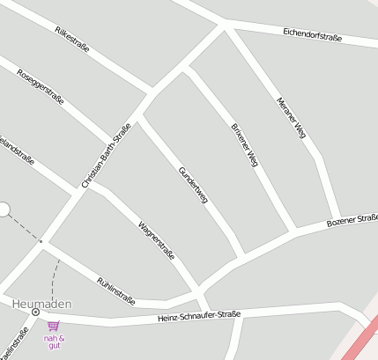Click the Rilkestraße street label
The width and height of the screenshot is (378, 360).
tap(72, 40)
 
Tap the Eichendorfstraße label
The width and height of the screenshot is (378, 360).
tap(312, 35)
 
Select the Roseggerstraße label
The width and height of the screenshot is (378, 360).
tap(40, 86)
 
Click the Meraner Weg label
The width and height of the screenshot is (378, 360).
tap(290, 117)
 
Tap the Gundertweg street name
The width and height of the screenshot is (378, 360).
tap(193, 185)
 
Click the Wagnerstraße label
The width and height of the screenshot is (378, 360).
tap(156, 240)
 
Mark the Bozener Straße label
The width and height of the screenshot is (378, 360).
tap(352, 220)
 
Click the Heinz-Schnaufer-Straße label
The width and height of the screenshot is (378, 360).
tap(198, 316)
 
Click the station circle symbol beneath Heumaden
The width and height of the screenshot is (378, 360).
tap(35, 312)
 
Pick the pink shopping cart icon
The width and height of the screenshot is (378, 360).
tap(54, 326)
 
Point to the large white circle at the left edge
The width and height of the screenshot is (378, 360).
tap(3, 209)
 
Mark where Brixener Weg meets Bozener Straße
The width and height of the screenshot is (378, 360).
tap(292, 231)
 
